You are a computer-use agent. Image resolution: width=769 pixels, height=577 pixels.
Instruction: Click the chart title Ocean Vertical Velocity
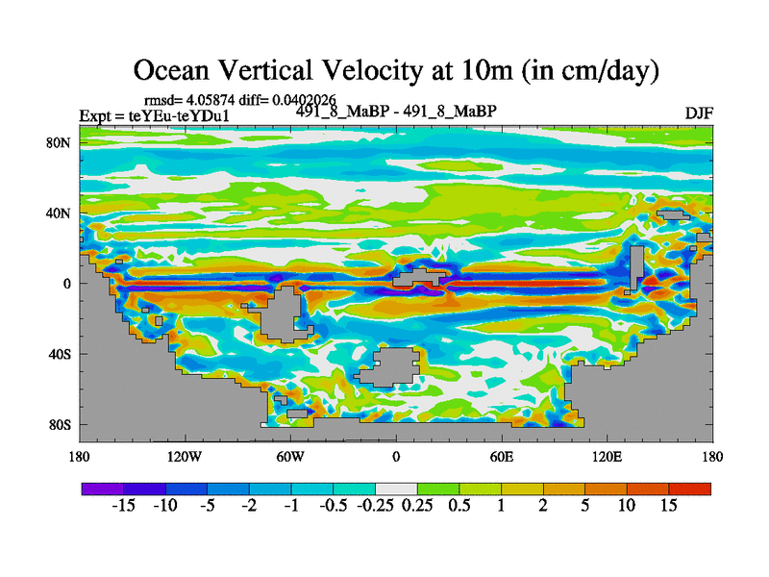pos(395,69)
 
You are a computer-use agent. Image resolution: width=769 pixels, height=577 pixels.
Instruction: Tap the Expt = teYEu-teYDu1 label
pos(154,116)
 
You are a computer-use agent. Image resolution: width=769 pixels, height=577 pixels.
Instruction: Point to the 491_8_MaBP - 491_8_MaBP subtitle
pos(395,111)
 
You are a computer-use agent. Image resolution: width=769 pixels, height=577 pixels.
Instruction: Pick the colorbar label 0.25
pos(417,506)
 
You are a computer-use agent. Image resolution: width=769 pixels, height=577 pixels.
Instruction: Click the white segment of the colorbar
pos(396,489)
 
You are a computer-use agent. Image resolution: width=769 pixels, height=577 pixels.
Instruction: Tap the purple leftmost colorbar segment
pos(101,489)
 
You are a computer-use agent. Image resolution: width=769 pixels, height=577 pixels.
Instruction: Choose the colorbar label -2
pos(248,506)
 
